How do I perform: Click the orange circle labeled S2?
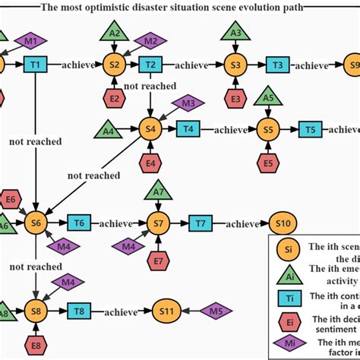[115, 65]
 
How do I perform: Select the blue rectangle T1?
[34, 65]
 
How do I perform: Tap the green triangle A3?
[236, 33]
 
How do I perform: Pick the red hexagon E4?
[150, 161]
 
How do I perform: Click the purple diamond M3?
[188, 103]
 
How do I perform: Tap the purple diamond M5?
[216, 311]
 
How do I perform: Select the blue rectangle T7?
[201, 223]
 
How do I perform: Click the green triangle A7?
[157, 191]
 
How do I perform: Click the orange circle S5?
[267, 130]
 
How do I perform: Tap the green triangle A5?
[267, 98]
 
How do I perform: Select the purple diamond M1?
[30, 39]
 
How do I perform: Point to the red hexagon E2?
[115, 97]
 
